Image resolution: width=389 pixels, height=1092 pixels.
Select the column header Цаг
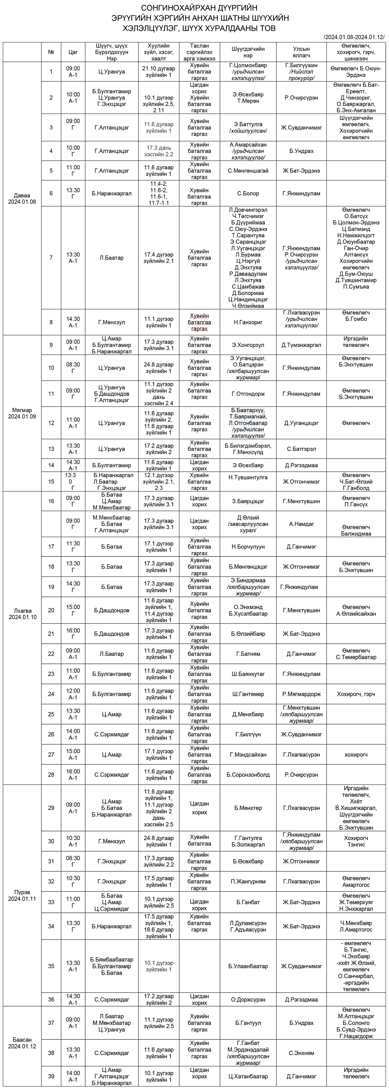pos(73,52)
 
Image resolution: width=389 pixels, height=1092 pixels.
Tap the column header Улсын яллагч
pos(301,52)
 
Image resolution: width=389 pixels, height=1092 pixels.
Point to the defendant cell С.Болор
pos(248,193)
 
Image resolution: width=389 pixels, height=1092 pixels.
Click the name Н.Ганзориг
pos(248,322)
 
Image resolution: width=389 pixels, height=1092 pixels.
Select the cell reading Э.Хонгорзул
pos(248,345)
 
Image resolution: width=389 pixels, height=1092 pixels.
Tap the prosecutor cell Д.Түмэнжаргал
pos(301,345)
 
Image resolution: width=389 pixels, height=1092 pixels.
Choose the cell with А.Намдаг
pos(301,524)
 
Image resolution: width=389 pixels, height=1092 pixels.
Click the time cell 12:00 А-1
pos(73,694)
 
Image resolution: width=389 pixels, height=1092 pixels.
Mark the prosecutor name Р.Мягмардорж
pos(301,694)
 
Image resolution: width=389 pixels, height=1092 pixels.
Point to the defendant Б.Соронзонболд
pos(248,775)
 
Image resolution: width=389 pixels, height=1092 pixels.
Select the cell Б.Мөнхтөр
pos(248,808)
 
